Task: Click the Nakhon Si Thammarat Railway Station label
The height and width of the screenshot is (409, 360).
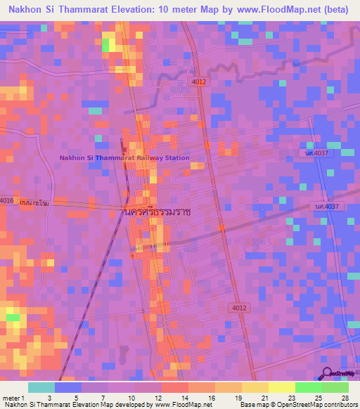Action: click(124, 158)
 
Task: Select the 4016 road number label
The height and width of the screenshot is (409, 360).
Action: click(7, 200)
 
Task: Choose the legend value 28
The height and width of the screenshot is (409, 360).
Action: click(344, 398)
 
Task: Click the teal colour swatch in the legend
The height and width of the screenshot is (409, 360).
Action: click(41, 387)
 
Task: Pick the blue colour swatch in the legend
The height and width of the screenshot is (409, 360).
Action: click(68, 387)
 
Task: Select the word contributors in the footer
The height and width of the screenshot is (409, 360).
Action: click(336, 405)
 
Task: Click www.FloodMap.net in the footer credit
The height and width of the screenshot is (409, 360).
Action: click(182, 405)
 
